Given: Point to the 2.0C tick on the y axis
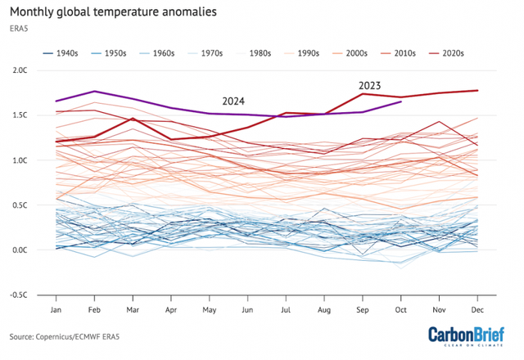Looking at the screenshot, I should coord(20,70).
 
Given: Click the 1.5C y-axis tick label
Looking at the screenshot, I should coord(20,115).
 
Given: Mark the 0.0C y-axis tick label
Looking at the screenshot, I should coord(20,250).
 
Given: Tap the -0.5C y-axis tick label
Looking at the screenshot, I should coord(18,295).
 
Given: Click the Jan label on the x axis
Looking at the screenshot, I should coord(56,310).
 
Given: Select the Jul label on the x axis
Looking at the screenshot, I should coord(285,310).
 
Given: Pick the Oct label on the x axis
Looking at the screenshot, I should coord(400,310).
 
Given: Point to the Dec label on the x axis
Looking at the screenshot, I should coord(477,310).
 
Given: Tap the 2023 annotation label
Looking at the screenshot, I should coord(371,85).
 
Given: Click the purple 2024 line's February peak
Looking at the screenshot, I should coord(95,91).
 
